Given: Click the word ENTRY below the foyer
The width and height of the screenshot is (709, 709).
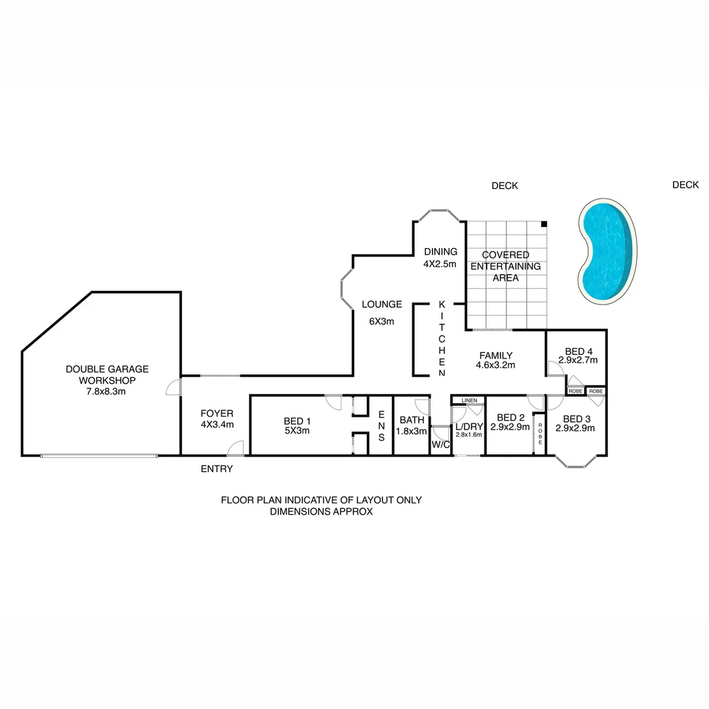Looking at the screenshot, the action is (217, 469).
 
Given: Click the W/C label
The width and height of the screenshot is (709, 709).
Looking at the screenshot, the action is (439, 445).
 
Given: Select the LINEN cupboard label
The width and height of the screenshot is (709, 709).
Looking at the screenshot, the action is (469, 400).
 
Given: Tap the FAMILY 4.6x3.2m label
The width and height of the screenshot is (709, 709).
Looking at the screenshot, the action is (496, 360).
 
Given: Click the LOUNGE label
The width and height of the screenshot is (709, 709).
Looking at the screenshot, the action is (381, 304).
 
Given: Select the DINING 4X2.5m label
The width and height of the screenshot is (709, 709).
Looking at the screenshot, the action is (440, 257).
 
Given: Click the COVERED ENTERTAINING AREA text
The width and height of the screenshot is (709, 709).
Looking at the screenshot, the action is (505, 266).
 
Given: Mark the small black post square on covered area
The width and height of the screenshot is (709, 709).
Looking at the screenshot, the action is (544, 225).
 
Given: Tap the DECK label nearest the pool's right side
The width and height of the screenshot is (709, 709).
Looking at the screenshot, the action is (685, 185).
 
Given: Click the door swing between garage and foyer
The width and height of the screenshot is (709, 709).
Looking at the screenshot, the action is (173, 387).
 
